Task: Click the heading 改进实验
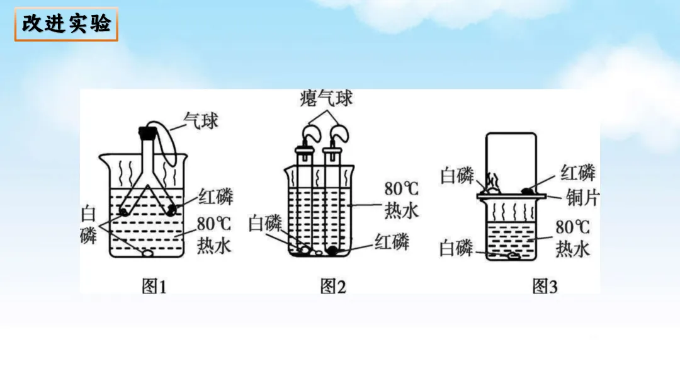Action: (x=66, y=24)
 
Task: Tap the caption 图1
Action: (x=153, y=287)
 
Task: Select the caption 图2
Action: (x=333, y=287)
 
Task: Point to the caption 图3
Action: (x=545, y=287)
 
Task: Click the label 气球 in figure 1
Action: (x=201, y=120)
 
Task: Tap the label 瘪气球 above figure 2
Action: (x=326, y=99)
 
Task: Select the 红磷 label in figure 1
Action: (x=215, y=197)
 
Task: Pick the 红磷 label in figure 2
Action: (x=392, y=241)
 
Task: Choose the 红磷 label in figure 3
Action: (x=577, y=172)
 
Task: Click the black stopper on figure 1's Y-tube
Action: (x=147, y=132)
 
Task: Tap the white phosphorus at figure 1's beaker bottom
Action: (x=147, y=254)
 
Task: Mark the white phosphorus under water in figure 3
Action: (x=511, y=256)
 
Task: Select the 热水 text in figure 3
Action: (x=572, y=249)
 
